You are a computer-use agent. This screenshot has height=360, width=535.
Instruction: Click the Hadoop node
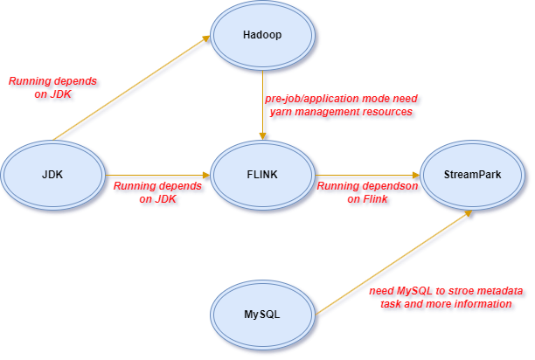tap(263, 36)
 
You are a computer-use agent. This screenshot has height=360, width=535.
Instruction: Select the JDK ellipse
tap(52, 175)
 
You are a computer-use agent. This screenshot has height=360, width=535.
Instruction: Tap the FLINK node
tap(263, 175)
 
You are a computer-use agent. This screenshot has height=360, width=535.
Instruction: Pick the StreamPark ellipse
tap(472, 175)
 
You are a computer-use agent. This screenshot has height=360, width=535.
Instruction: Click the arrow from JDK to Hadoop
tap(131, 87)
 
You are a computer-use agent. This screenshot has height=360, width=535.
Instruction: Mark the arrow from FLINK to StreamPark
tap(367, 175)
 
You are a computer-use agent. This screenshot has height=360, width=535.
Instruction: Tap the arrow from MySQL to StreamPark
tap(393, 262)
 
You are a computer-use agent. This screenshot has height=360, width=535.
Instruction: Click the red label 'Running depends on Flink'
tap(367, 193)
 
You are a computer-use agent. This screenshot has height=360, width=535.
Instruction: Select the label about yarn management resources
tap(338, 105)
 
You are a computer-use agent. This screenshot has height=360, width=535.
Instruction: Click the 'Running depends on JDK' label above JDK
tap(53, 88)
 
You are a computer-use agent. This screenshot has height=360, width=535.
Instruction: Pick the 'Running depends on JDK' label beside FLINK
tap(157, 192)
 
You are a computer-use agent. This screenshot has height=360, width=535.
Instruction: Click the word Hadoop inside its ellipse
tap(263, 36)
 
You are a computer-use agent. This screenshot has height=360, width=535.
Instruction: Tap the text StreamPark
tap(472, 175)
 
